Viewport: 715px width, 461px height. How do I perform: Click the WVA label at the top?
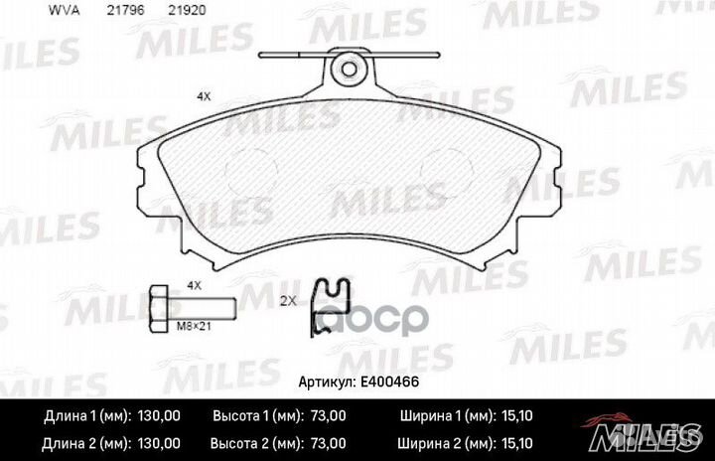coord(65,10)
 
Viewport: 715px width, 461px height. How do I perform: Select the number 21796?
coord(125,10)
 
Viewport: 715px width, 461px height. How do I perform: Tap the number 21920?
coord(187,10)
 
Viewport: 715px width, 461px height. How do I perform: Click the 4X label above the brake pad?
coord(204,96)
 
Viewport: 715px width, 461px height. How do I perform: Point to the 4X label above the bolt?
coord(195,286)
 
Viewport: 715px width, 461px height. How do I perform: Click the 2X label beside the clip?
coord(288,301)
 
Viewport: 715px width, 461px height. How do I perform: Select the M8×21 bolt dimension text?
coord(194,326)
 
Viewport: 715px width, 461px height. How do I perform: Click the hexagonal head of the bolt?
coord(159,309)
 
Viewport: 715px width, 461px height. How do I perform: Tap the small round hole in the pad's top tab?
coord(350,70)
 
